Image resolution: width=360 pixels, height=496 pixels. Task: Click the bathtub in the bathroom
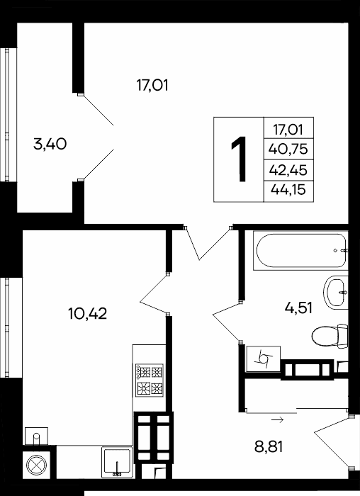[300, 251]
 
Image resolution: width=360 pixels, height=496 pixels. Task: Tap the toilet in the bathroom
[330, 336]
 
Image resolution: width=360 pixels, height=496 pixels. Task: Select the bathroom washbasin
[336, 293]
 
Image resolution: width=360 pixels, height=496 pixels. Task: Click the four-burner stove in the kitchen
[150, 381]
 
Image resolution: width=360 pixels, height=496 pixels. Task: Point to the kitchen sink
[117, 463]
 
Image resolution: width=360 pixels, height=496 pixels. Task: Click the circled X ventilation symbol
[36, 465]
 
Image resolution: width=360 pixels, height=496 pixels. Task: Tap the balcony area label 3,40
[50, 145]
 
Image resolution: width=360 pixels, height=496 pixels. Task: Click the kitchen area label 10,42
[88, 313]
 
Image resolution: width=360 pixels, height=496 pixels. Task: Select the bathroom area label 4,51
[298, 308]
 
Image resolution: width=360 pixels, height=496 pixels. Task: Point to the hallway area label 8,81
[269, 447]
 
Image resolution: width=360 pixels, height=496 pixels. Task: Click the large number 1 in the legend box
[239, 159]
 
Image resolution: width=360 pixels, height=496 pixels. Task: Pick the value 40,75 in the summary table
[288, 149]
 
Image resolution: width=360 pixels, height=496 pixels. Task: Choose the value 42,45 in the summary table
[288, 170]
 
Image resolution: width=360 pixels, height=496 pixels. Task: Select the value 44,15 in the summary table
[288, 190]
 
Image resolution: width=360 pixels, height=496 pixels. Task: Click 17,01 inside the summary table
[288, 130]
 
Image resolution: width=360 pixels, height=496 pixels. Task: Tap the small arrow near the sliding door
[277, 420]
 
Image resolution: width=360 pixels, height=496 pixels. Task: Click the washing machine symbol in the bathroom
[264, 359]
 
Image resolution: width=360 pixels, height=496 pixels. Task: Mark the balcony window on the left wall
[9, 115]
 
